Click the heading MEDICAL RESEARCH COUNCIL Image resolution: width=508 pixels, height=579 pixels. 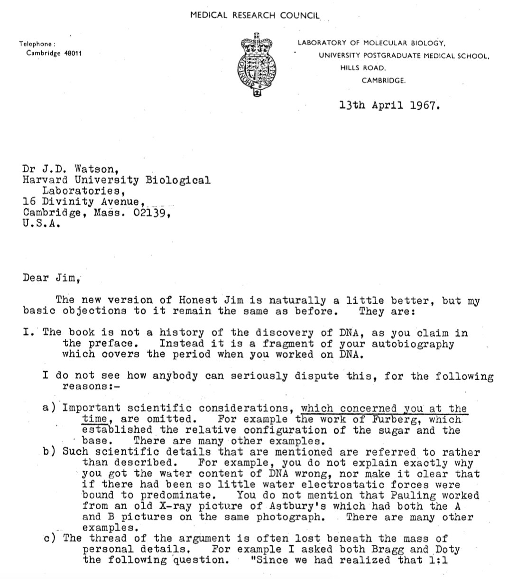(255, 16)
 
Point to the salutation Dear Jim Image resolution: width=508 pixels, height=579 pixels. (49, 278)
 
